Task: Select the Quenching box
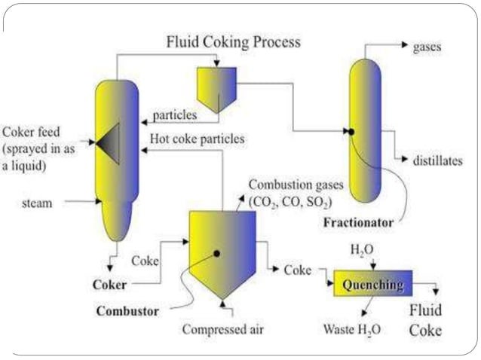373,285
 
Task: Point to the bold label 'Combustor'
126,311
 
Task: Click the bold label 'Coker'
109,285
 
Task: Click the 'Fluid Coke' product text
426,320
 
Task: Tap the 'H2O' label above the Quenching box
363,248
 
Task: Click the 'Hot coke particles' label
198,139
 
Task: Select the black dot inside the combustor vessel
216,254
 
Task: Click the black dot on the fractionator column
351,131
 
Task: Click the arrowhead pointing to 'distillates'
405,160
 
